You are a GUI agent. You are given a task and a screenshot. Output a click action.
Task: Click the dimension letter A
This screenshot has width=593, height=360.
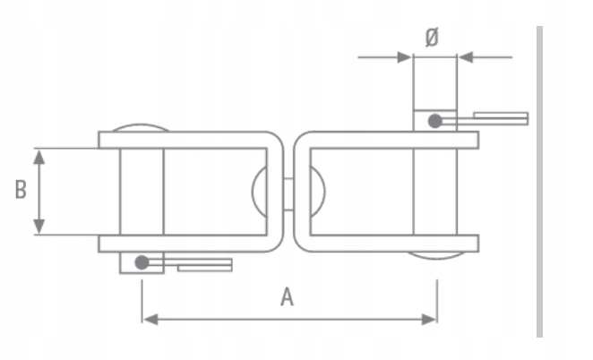pos(287,297)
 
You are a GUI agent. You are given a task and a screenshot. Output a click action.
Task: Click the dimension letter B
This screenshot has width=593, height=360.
pos(20,191)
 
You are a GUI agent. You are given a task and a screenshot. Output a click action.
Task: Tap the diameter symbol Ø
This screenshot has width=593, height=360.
pos(432,37)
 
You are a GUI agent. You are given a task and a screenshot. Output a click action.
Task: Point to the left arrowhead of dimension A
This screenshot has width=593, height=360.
pos(149,318)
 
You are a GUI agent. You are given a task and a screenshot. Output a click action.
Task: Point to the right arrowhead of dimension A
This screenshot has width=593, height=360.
pos(431,318)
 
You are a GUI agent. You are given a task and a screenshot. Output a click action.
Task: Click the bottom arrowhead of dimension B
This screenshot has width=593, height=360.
pos(39,227)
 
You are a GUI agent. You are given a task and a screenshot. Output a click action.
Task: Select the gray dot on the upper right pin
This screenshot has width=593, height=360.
pos(435,120)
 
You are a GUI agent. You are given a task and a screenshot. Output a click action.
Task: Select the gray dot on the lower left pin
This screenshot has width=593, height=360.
pos(141,262)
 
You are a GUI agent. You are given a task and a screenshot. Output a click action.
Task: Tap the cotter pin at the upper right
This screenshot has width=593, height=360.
pos(499,118)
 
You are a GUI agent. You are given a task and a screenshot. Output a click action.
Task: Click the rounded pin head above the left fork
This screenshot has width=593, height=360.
pos(141,127)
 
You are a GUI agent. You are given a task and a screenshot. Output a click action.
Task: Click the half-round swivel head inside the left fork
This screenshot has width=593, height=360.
pos(261,191)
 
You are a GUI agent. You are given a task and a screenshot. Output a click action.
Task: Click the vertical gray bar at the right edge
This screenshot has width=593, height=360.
pos(539,179)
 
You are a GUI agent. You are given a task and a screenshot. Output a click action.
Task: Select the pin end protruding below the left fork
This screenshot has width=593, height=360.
pos(142,263)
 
